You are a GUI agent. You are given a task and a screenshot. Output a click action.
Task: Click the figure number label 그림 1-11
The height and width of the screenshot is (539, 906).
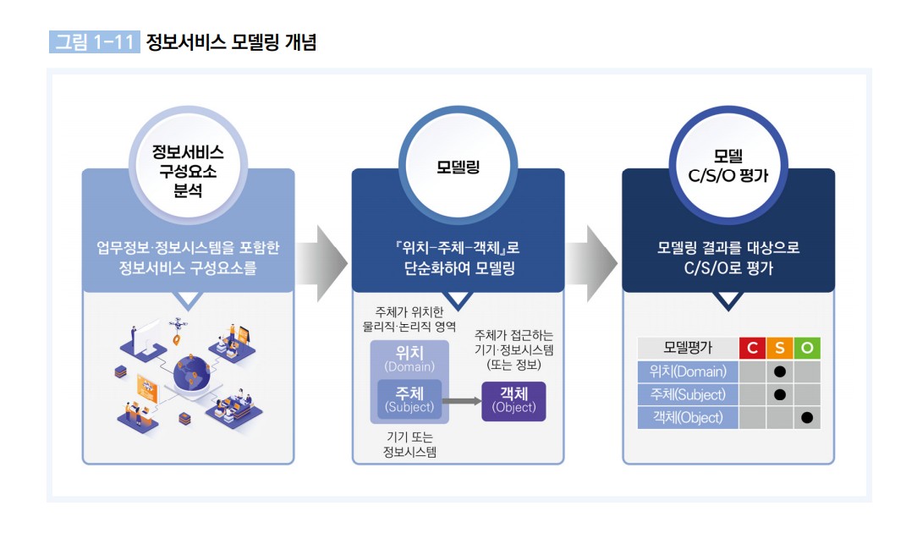pyautogui.click(x=94, y=41)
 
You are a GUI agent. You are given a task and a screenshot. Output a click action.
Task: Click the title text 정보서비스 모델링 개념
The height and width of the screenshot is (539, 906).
pyautogui.click(x=231, y=41)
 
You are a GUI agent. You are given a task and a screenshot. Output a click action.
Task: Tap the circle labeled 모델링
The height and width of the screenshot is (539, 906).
pyautogui.click(x=458, y=167)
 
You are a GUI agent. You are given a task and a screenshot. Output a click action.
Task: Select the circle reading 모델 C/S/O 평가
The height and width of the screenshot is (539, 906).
pyautogui.click(x=728, y=167)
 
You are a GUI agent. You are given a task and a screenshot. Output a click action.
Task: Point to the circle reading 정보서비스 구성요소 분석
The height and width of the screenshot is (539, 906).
pyautogui.click(x=188, y=167)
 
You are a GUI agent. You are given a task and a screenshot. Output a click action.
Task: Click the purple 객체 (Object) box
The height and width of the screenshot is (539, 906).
pyautogui.click(x=513, y=401)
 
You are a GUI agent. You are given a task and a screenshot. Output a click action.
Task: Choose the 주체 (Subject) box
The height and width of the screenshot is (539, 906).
pyautogui.click(x=409, y=399)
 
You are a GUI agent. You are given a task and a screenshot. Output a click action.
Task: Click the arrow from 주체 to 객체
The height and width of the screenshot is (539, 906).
pyautogui.click(x=462, y=401)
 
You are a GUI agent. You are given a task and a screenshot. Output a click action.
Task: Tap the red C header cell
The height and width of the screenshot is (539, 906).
pyautogui.click(x=752, y=348)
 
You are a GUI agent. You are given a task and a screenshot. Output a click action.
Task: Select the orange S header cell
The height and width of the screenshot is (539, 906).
pyautogui.click(x=779, y=348)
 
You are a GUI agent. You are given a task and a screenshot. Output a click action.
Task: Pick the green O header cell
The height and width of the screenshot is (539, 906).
pyautogui.click(x=807, y=348)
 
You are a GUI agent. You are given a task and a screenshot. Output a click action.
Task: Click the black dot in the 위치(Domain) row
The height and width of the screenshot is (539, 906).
pyautogui.click(x=779, y=371)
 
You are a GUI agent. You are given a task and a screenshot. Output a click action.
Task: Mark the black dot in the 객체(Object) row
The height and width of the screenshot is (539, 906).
pyautogui.click(x=807, y=418)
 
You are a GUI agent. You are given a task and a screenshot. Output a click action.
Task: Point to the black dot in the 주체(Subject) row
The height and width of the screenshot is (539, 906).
pyautogui.click(x=779, y=394)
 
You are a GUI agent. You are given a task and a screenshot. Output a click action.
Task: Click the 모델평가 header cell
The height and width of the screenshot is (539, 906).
pyautogui.click(x=688, y=348)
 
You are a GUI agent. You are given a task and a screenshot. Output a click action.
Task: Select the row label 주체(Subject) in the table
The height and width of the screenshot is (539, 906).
pyautogui.click(x=688, y=394)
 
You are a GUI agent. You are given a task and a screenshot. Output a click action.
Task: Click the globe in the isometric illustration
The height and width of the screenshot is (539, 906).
pyautogui.click(x=192, y=372)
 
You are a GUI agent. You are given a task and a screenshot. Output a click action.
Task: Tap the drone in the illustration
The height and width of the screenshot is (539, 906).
pyautogui.click(x=178, y=324)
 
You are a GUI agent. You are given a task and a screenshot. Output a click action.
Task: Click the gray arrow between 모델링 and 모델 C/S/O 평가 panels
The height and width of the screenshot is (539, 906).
pyautogui.click(x=590, y=263)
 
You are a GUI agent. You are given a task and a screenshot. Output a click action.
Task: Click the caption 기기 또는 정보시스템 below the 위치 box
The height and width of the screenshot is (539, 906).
pyautogui.click(x=409, y=444)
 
